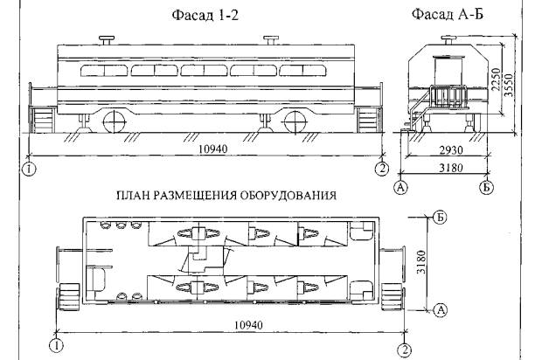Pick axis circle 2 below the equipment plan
pyautogui.click(x=404, y=349)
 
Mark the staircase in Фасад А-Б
pyautogui.click(x=420, y=114)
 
